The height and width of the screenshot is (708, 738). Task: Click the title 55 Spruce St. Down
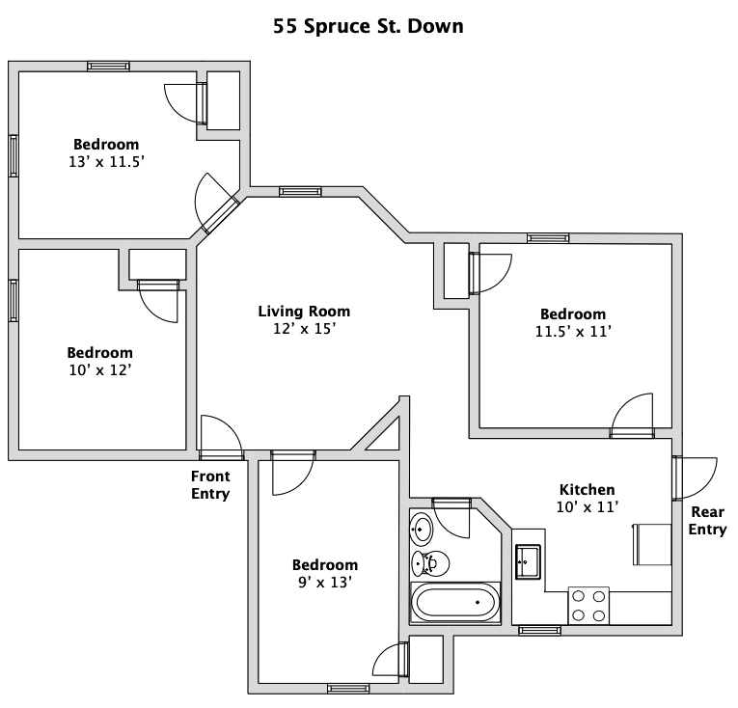tap(369, 26)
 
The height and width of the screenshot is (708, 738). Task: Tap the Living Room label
tap(304, 312)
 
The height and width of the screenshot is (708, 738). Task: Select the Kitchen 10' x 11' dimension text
tap(587, 507)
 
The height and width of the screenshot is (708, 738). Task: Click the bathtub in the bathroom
tap(455, 603)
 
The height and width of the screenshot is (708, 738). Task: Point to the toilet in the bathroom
tap(430, 563)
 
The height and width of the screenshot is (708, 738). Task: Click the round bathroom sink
tap(422, 529)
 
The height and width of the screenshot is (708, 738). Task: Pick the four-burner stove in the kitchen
tap(588, 606)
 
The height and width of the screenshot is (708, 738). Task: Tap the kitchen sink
tap(528, 561)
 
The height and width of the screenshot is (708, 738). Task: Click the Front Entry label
tap(210, 485)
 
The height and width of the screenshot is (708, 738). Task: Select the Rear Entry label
tap(707, 520)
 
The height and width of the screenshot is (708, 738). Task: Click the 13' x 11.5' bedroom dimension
tap(106, 162)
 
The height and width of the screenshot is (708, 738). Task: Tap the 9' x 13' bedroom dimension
tap(325, 583)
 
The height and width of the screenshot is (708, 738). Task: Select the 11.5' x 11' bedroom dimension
tap(573, 332)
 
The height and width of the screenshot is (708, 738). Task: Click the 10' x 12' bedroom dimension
tap(99, 370)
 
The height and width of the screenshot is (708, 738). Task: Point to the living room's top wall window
tap(300, 192)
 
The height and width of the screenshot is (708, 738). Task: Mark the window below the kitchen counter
tap(540, 630)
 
